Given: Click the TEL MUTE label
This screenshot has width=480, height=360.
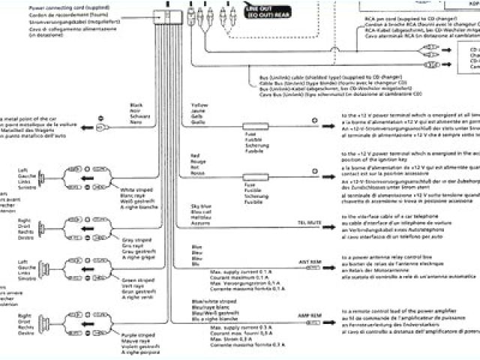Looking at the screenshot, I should coord(310,223).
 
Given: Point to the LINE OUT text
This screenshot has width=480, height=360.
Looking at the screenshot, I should coord(248,7).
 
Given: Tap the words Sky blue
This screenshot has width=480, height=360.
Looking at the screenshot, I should coord(201,205).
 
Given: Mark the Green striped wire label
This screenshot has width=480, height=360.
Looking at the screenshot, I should coord(135,281).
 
